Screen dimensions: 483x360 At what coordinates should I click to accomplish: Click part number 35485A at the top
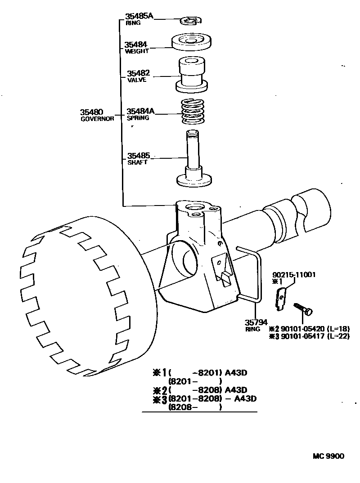click(x=139, y=16)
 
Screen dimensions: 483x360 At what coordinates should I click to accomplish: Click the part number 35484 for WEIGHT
click(x=136, y=45)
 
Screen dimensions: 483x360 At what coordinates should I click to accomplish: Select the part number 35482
click(x=138, y=73)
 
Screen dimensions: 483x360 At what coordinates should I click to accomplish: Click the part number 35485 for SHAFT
click(x=138, y=156)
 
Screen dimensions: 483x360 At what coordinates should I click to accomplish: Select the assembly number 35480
click(x=92, y=112)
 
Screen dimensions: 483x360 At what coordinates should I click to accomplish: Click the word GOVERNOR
click(x=97, y=119)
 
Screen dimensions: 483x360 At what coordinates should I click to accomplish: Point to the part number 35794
click(x=256, y=322)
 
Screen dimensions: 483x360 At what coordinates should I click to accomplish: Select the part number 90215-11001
click(x=293, y=275)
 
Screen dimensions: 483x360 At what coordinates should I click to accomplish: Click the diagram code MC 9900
click(x=328, y=456)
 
